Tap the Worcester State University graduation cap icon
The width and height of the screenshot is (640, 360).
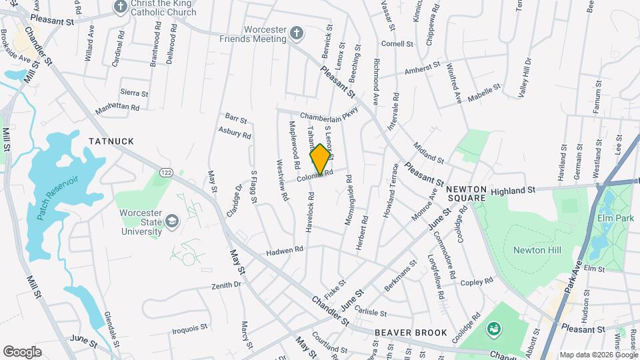(172, 221)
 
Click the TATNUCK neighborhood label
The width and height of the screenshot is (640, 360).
(111, 141)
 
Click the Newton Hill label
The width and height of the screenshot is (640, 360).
(537, 250)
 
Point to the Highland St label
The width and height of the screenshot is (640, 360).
(513, 191)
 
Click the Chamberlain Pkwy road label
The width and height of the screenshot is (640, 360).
(329, 115)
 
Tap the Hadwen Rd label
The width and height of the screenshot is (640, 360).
(285, 249)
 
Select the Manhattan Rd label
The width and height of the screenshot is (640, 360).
(117, 107)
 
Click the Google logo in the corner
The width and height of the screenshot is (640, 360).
(22, 351)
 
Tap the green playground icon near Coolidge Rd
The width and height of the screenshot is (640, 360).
(493, 328)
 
